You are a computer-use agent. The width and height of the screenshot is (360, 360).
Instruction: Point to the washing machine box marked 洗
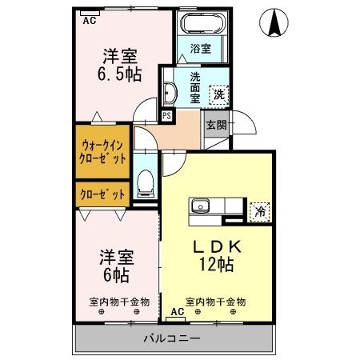[218, 94]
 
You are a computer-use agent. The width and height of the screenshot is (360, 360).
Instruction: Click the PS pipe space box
[166, 115]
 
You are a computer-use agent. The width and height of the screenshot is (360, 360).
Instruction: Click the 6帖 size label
[115, 274]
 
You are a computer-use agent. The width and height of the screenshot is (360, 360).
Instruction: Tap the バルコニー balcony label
[171, 338]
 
